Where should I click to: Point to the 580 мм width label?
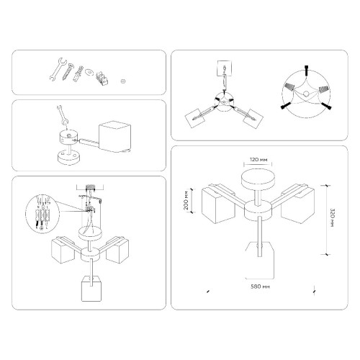point(252,287)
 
